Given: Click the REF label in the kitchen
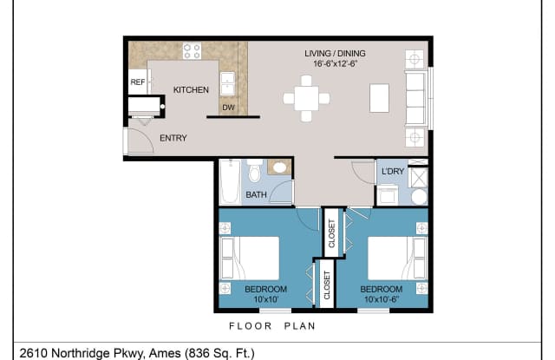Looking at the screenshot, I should (x=137, y=82).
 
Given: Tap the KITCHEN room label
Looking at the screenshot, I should (x=190, y=90).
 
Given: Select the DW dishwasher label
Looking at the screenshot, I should (x=228, y=108).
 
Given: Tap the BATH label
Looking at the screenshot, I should (x=256, y=195).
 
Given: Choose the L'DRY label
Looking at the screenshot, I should (x=393, y=171).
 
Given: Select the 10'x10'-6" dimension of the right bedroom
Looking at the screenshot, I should (x=381, y=299).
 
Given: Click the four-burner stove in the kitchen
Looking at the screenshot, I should (x=192, y=50).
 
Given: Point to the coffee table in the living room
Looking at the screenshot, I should (x=379, y=97).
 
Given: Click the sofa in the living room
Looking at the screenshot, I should (x=415, y=98).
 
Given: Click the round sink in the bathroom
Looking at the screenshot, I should (x=280, y=168).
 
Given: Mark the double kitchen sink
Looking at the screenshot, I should (x=228, y=82).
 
